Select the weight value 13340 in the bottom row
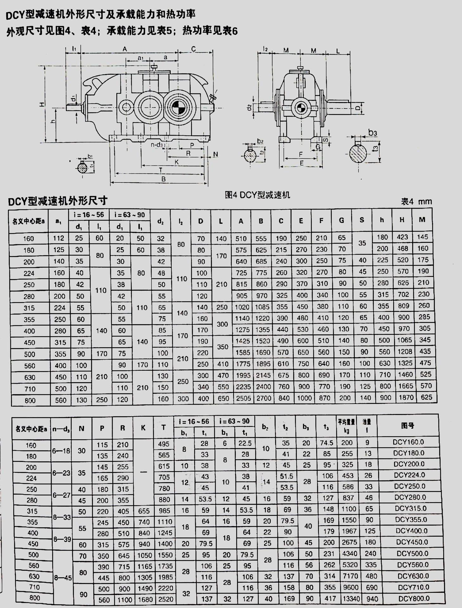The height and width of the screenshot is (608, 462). tap(351, 598)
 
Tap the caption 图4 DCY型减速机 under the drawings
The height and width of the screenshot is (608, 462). tap(257, 195)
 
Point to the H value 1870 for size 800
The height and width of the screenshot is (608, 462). tap(406, 397)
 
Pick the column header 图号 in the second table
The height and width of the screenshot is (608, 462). tap(407, 426)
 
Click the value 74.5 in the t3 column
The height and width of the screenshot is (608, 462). tap(326, 443)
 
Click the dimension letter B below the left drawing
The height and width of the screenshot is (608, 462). tap(164, 179)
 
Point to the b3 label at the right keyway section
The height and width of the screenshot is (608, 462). tap(373, 132)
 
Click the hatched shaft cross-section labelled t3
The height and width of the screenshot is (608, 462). tap(358, 154)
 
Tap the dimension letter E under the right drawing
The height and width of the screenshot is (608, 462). tap(301, 163)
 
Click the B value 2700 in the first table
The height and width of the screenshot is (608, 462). tap(264, 398)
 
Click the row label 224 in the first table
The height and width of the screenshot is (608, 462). tap(29, 273)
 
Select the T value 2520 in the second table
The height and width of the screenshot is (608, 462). tap(166, 599)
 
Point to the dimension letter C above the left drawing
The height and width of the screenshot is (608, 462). tap(194, 49)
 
